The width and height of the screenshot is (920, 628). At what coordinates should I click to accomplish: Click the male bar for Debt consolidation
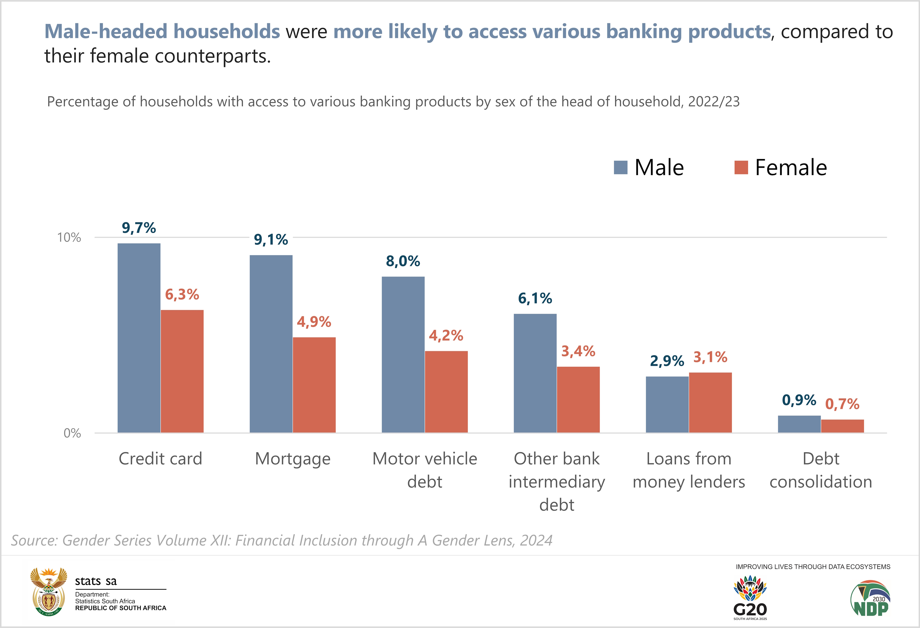point(799,424)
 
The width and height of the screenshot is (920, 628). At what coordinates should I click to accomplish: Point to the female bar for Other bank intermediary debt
point(578,399)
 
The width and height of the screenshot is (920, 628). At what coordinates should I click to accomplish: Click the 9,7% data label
point(139,228)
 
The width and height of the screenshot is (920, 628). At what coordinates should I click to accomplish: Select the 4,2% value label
point(446,335)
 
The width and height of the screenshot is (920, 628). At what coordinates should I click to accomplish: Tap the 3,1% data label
point(710,357)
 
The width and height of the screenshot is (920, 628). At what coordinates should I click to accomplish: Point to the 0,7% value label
point(842,404)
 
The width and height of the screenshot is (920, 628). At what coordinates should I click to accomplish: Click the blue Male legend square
point(620,167)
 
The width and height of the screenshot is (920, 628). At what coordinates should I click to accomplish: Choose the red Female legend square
point(741,167)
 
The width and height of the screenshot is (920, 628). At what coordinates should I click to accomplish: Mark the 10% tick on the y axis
point(69,237)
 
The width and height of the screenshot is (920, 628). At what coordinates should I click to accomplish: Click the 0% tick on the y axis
point(72,433)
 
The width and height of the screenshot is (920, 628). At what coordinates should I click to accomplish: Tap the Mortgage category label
point(293,459)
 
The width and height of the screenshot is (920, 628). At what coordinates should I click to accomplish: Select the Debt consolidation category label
point(821,470)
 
